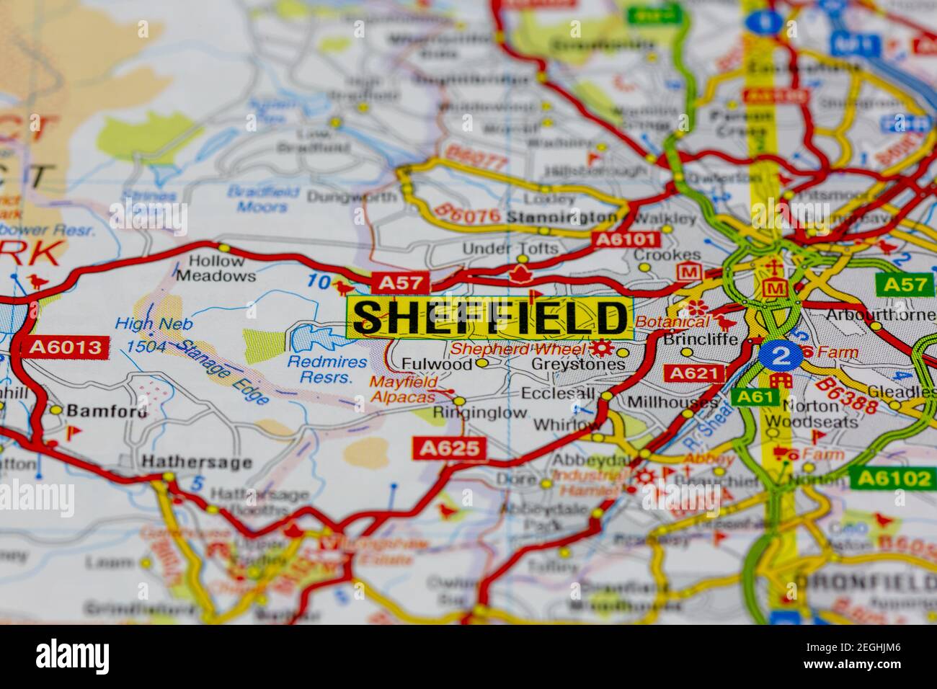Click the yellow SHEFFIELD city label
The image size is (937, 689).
tap(490, 317)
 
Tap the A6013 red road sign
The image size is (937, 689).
tap(65, 348)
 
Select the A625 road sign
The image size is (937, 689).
tap(450, 448)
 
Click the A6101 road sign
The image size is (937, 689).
tap(625, 239)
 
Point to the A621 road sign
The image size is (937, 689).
tap(695, 373)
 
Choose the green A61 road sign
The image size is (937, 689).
tap(754, 396)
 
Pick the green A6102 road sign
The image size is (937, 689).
tap(890, 477)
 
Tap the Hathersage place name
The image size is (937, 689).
tap(197, 462)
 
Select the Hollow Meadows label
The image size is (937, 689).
tap(216, 268)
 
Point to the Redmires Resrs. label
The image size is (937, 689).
tap(327, 370)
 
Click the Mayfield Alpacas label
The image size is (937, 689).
tap(403, 390)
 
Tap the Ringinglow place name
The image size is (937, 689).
tap(480, 413)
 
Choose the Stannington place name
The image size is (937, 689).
tap(561, 217)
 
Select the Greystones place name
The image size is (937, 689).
tap(578, 365)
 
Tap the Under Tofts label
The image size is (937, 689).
tap(510, 249)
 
